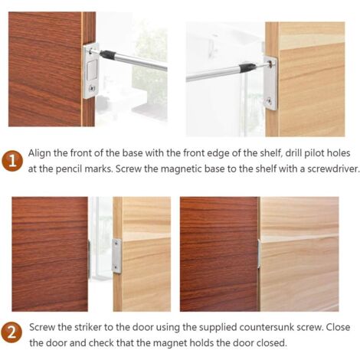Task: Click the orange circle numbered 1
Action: (x=12, y=161)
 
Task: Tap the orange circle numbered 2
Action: (x=11, y=334)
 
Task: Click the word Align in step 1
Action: (x=41, y=153)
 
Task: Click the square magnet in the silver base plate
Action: (x=92, y=70)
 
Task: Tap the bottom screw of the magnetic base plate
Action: (x=92, y=89)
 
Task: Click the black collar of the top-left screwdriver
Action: (x=108, y=54)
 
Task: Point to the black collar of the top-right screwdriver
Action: (x=247, y=67)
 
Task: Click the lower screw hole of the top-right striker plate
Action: (x=269, y=101)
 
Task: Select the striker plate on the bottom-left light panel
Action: (x=116, y=256)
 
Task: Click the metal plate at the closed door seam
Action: (x=259, y=254)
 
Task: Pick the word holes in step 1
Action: (x=339, y=153)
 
